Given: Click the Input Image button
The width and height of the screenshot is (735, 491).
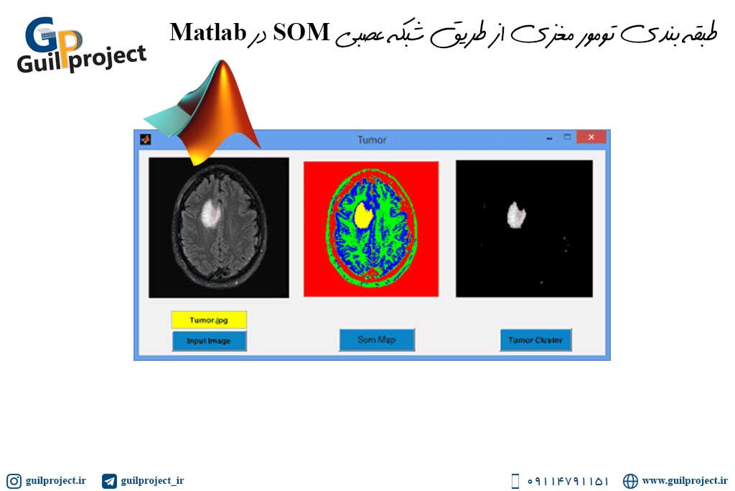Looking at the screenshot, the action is (209, 341).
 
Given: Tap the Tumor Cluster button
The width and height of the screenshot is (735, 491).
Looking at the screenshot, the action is (535, 340).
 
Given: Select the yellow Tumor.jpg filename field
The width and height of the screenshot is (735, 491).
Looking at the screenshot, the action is (209, 320).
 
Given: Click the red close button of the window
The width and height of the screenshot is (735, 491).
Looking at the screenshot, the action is (591, 137).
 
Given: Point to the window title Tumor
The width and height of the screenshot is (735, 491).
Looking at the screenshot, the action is (372, 140).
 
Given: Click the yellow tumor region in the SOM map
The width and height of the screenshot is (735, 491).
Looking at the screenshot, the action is (363, 215).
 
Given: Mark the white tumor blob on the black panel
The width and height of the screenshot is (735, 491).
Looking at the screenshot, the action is (516, 216).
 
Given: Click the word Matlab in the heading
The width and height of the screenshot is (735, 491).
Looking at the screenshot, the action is (208, 32).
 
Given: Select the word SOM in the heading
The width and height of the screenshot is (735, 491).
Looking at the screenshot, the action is (301, 32).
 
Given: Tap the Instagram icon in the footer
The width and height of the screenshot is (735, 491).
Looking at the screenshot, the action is (14, 481).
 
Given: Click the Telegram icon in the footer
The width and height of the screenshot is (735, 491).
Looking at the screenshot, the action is (109, 481).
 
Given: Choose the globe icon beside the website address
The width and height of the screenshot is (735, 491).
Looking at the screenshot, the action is (630, 481).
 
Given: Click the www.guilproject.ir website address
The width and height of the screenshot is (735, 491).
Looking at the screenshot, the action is (685, 481).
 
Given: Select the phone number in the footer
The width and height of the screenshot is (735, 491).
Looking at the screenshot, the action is (568, 481).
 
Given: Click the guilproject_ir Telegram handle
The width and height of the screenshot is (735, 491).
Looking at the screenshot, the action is (152, 481).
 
